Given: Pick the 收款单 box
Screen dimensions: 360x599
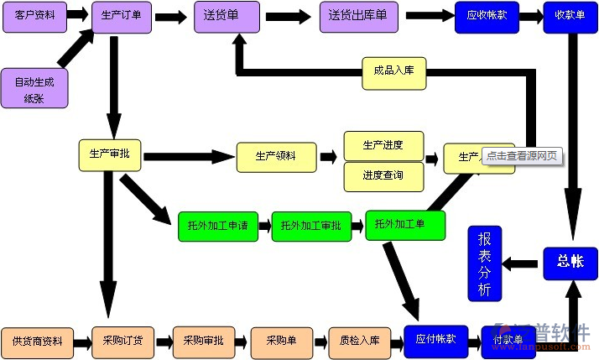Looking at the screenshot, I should pyautogui.click(x=570, y=17).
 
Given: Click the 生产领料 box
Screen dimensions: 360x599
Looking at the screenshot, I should pyautogui.click(x=276, y=156).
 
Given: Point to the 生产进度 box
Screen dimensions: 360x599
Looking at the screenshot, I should pyautogui.click(x=383, y=145).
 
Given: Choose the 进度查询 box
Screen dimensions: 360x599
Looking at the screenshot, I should pyautogui.click(x=383, y=175).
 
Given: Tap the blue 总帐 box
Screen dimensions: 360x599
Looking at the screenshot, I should pyautogui.click(x=570, y=262).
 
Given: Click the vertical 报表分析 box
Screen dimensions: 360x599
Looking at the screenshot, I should pyautogui.click(x=484, y=264).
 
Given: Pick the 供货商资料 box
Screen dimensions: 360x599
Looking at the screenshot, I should pyautogui.click(x=37, y=342).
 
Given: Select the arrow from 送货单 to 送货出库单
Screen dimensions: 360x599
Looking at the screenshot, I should pyautogui.click(x=289, y=17).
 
